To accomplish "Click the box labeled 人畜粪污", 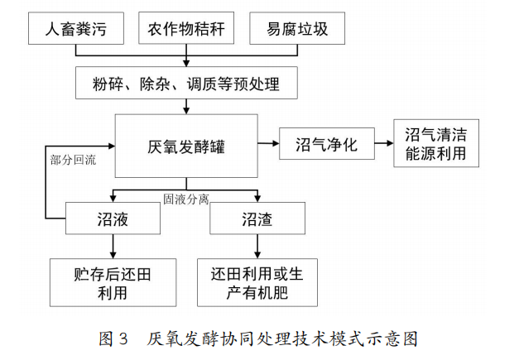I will [x=76, y=29].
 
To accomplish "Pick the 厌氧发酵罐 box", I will [x=185, y=146].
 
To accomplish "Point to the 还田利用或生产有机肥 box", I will [x=257, y=282].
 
